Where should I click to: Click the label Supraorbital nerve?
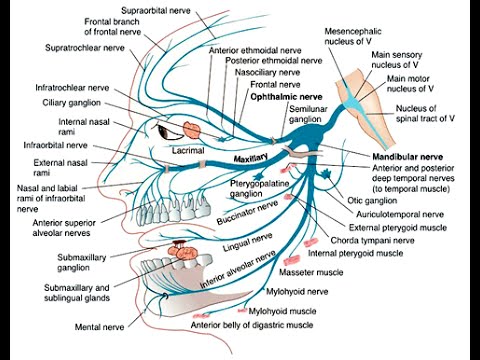[x=156, y=10]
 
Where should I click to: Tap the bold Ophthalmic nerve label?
[x=286, y=97]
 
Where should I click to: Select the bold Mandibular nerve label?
[x=408, y=157]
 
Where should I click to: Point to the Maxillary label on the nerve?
[x=251, y=158]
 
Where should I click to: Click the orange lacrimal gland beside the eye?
[x=192, y=130]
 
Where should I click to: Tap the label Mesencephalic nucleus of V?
[x=353, y=36]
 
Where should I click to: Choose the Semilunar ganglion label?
[x=308, y=114]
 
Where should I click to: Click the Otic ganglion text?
[x=372, y=201]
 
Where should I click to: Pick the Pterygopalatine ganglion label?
[x=259, y=189]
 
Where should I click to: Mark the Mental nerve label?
[x=99, y=327]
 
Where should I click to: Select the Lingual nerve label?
[x=248, y=242]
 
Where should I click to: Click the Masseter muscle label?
[x=311, y=272]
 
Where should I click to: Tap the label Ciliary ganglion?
[x=71, y=103]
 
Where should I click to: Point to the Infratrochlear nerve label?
[x=72, y=88]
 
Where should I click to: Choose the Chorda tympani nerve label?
[x=372, y=241]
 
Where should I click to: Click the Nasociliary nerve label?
[x=267, y=72]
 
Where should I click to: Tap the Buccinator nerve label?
[x=247, y=212]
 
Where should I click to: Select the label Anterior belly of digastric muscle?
[x=252, y=325]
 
